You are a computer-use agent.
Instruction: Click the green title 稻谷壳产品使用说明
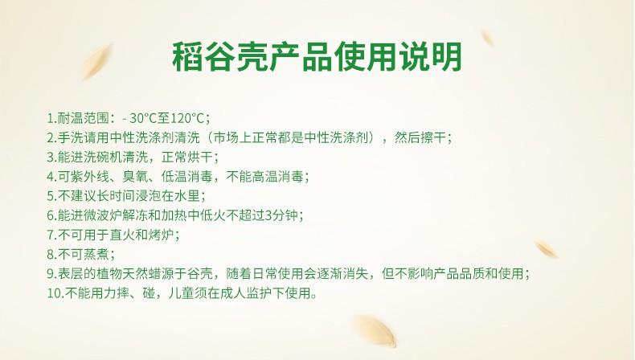tap(317, 56)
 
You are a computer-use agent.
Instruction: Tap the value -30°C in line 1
tap(140, 118)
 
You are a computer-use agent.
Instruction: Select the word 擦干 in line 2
tap(433, 137)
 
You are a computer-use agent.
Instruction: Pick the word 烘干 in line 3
tap(200, 157)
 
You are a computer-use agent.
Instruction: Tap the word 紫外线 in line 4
tap(90, 177)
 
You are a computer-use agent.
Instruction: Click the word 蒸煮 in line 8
tap(96, 254)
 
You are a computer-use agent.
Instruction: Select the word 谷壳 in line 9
tap(200, 274)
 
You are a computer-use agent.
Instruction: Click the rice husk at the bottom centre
tap(374, 331)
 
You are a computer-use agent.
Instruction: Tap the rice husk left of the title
tap(96, 62)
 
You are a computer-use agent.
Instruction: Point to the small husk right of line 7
tap(547, 249)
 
